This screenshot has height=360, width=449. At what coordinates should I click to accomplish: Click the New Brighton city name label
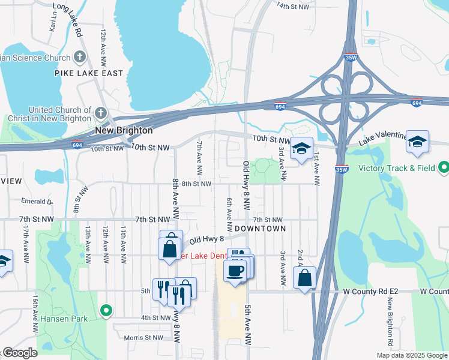[x=124, y=130]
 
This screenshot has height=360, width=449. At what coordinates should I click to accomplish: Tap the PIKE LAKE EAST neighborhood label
[x=97, y=73]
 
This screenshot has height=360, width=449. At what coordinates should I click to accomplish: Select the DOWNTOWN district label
[x=260, y=229]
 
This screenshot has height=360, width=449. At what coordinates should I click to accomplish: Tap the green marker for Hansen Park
[x=106, y=310]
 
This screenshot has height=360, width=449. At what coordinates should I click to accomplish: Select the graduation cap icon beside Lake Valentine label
[x=417, y=142]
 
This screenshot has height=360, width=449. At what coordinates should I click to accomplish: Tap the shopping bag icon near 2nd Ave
[x=304, y=277]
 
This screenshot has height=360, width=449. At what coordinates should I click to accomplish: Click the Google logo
[x=19, y=353]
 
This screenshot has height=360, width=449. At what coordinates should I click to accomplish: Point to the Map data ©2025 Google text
[x=412, y=355]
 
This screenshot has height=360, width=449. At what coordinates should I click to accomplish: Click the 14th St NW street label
[x=292, y=6]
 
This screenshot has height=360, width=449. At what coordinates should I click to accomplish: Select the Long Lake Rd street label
[x=67, y=20]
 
